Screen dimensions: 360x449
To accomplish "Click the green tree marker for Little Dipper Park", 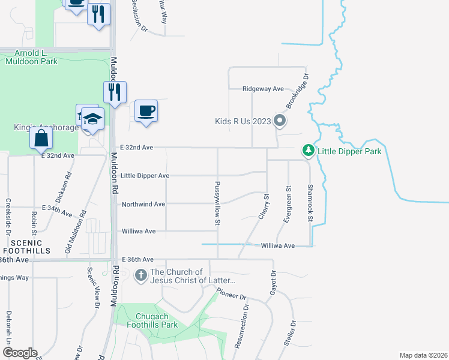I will click(308, 150).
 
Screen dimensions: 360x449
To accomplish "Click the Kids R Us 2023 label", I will click(243, 121).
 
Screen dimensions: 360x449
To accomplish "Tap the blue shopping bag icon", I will click(41, 138).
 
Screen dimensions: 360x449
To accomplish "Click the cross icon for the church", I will click(140, 276).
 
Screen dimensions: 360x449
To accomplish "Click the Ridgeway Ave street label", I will click(263, 89).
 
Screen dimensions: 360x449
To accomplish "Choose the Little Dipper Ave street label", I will click(145, 176).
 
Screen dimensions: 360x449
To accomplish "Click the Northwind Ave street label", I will click(143, 204).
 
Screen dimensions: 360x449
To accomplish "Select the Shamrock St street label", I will click(310, 204).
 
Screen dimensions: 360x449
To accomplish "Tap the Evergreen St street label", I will click(288, 204).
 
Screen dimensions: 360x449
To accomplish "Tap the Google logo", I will click(20, 353).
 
